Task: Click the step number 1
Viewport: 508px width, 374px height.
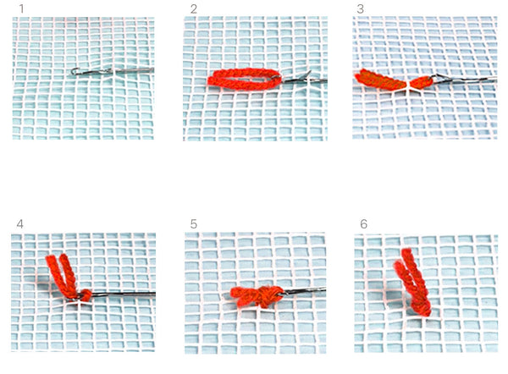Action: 22,8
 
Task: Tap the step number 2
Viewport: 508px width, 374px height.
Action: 194,9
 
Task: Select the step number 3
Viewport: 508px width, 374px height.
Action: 361,9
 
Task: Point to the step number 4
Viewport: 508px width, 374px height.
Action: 19,223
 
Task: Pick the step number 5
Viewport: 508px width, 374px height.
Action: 194,223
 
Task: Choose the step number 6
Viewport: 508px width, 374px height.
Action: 364,223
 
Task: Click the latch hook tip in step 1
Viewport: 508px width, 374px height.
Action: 75,71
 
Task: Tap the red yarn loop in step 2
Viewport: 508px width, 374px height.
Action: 245,79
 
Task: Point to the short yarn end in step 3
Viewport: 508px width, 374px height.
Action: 421,82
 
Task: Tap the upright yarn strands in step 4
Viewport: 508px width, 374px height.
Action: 61,275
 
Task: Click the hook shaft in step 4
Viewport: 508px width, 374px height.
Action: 123,294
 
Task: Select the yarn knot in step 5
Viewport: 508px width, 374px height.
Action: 257,295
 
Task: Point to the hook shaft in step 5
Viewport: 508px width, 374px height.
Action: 305,291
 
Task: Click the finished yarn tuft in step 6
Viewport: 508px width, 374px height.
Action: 413,282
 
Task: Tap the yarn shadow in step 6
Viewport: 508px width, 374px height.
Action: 394,295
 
